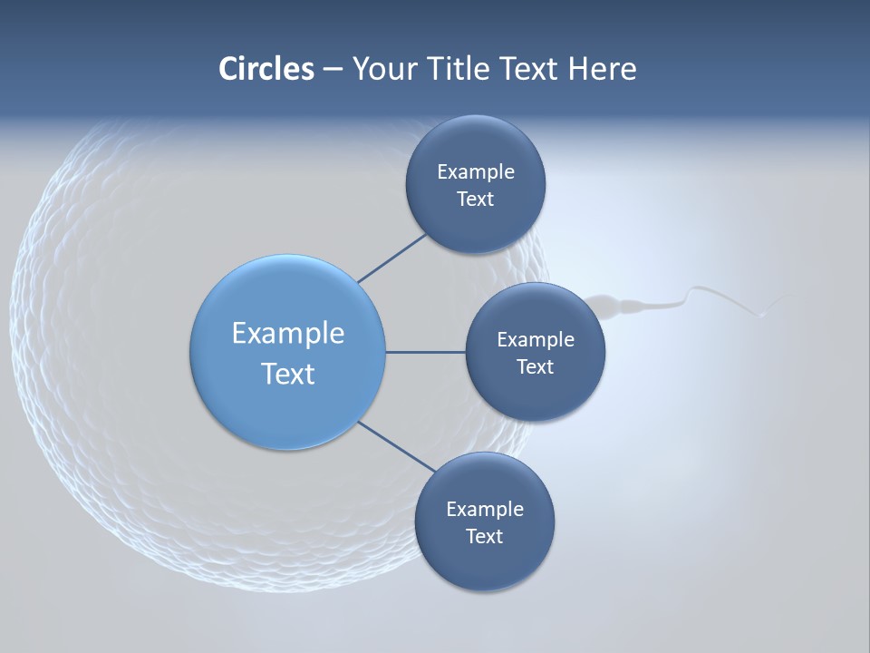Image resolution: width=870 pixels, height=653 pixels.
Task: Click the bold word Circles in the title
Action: [266, 69]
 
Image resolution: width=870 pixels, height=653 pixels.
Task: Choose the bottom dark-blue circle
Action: [484, 562]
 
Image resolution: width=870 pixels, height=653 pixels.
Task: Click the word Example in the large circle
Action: [288, 333]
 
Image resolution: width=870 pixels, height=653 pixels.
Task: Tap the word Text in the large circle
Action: [288, 374]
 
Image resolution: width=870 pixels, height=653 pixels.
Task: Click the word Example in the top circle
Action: [475, 171]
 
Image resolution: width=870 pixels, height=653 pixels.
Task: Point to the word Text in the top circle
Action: [475, 199]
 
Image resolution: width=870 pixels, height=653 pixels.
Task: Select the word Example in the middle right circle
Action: [535, 339]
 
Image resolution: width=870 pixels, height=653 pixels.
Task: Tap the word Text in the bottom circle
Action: [484, 536]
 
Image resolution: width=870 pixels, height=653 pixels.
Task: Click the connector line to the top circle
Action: [391, 258]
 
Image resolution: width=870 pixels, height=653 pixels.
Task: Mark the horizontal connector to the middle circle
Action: [425, 352]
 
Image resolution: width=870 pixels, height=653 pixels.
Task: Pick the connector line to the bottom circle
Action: [397, 446]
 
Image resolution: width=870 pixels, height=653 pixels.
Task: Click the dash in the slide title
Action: [332, 70]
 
